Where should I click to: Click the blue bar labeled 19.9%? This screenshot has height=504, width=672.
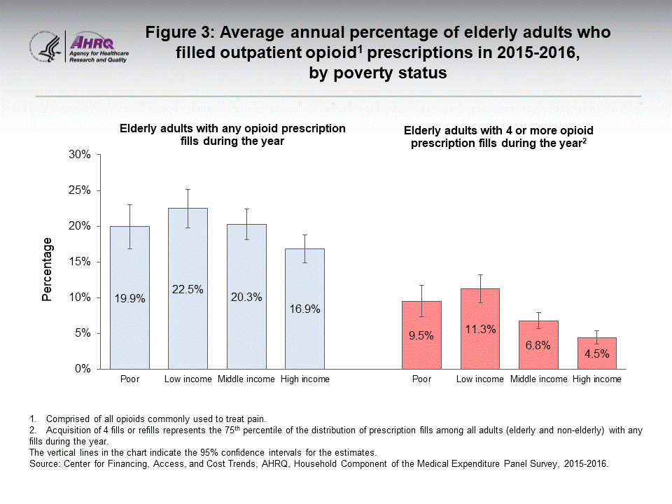tap(129, 297)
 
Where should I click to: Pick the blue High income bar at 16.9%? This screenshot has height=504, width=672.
tap(304, 308)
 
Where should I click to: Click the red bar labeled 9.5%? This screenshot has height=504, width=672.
tap(421, 335)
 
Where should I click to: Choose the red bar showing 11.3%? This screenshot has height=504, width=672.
tap(479, 328)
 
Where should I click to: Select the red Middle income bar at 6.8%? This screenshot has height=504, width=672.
tap(538, 344)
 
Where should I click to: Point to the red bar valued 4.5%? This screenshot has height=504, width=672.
tap(596, 353)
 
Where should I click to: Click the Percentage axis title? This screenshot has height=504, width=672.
tap(47, 269)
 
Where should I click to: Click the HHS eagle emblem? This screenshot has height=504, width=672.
tap(46, 47)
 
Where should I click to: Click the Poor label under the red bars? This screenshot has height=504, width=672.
tap(421, 379)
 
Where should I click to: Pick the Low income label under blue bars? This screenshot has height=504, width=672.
tap(188, 379)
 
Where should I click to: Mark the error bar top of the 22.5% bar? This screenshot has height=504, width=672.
tap(188, 189)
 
